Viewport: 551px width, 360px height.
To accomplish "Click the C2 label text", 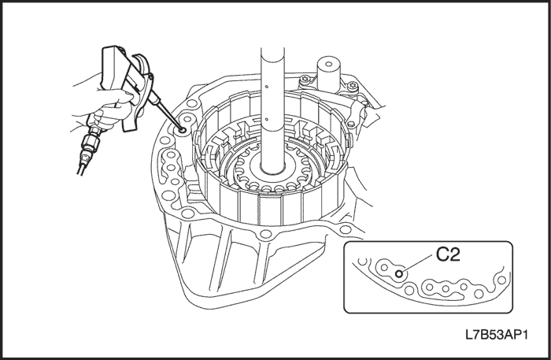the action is (448, 254).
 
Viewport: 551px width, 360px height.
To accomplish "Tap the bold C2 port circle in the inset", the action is (399, 274).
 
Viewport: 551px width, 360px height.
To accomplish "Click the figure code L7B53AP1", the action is (497, 335).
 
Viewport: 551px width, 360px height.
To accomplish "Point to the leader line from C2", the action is (417, 264).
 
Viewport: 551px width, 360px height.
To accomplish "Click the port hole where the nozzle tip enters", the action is (183, 130).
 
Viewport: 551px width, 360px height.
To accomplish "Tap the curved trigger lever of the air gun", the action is (139, 95).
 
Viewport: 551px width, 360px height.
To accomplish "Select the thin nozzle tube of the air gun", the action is (166, 113).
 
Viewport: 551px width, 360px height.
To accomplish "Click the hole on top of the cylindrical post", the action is (329, 64).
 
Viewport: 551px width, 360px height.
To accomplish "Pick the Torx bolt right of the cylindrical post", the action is (352, 85).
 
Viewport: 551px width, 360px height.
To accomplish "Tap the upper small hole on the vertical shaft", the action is (267, 86).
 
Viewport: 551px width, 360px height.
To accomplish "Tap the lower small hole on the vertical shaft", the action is (266, 119).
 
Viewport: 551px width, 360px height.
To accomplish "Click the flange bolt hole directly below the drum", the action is (266, 234).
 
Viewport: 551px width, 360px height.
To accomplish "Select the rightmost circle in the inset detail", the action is (502, 280).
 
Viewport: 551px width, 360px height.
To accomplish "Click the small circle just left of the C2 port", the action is (384, 268).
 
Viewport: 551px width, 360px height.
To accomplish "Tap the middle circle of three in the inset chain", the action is (446, 289).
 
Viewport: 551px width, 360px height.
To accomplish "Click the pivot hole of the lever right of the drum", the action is (351, 124).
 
